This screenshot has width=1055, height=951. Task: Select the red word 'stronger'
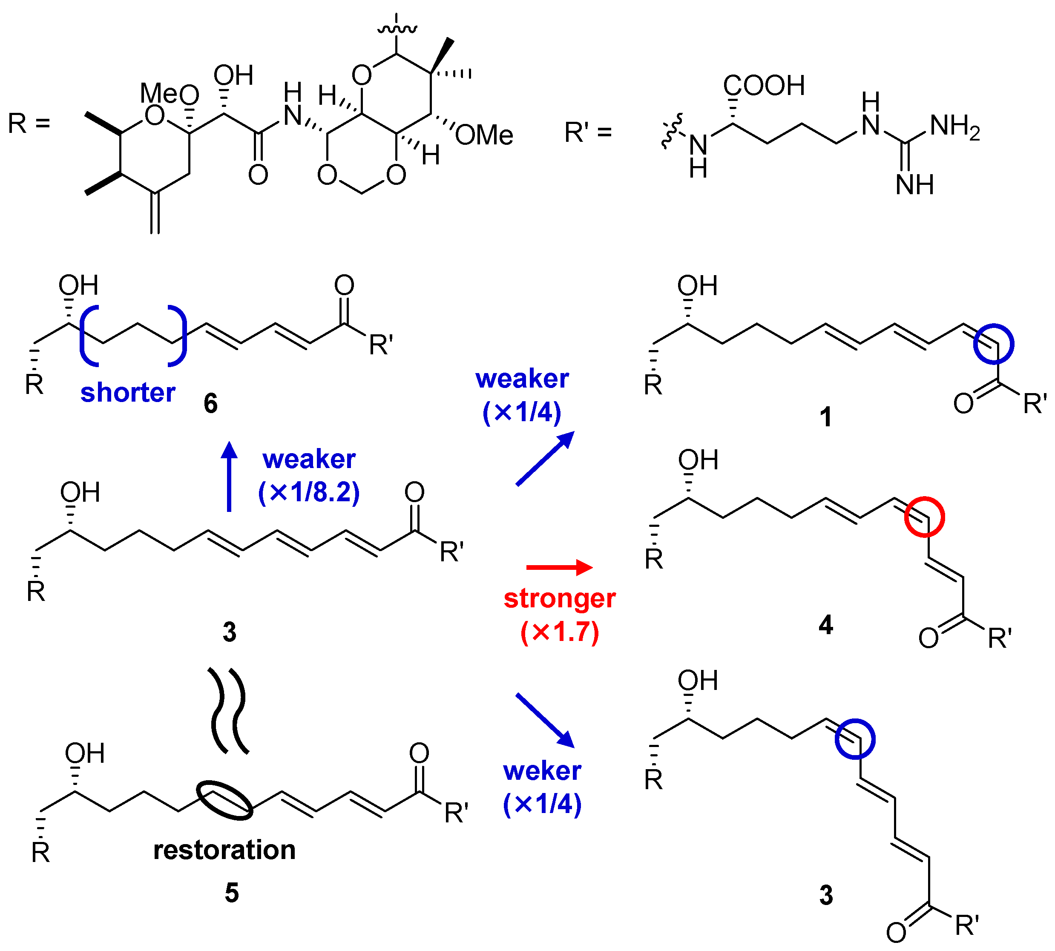click(x=559, y=598)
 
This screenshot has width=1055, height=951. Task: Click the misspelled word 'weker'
click(x=542, y=771)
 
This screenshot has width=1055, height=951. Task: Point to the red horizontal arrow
click(x=559, y=567)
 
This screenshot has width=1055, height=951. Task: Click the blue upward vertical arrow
click(x=229, y=475)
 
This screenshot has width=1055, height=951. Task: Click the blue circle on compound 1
click(x=993, y=344)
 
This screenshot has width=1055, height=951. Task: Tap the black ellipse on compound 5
click(x=225, y=800)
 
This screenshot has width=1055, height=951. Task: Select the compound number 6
click(x=210, y=403)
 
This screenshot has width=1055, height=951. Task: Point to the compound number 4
click(x=825, y=625)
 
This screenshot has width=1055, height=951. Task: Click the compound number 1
click(x=825, y=417)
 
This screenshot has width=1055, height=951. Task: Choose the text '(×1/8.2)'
click(x=309, y=492)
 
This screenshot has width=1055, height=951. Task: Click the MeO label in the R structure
click(x=169, y=94)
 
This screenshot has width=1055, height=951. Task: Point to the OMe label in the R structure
click(x=484, y=135)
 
